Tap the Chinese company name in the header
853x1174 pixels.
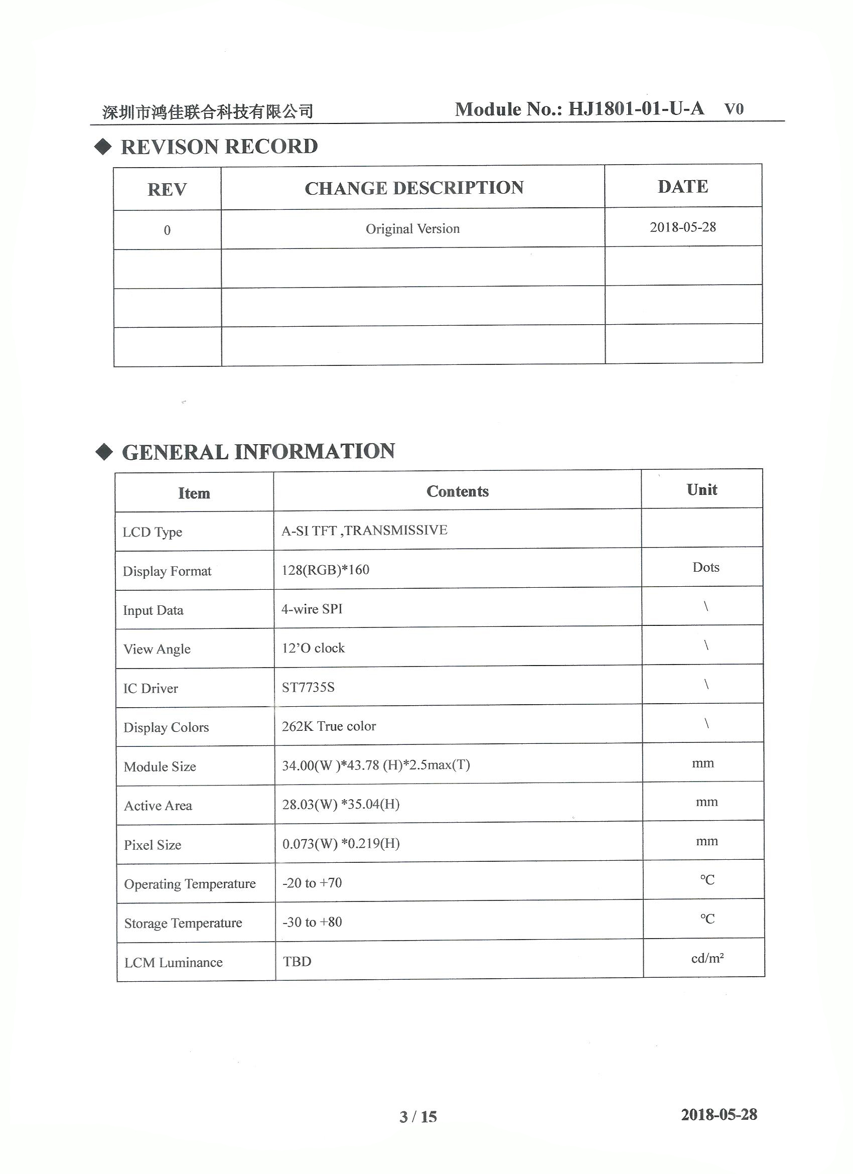208,111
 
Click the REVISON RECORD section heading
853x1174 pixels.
219,147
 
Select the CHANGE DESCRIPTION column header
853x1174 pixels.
413,188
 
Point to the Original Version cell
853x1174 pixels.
412,229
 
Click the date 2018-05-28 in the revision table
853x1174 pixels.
683,227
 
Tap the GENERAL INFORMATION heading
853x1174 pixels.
258,452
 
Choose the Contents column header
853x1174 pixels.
458,491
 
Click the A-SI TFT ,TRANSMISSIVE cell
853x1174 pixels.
364,530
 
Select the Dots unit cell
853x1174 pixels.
705,567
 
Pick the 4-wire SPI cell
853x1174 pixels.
312,609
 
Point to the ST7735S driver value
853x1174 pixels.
308,688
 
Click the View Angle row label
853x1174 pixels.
157,649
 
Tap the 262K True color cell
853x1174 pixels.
329,726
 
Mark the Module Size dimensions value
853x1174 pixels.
376,765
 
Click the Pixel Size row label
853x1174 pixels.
152,845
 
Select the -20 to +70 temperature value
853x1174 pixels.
312,883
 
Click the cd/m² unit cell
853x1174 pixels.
707,959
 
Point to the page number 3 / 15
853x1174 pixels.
418,1117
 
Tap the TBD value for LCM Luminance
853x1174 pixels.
297,962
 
